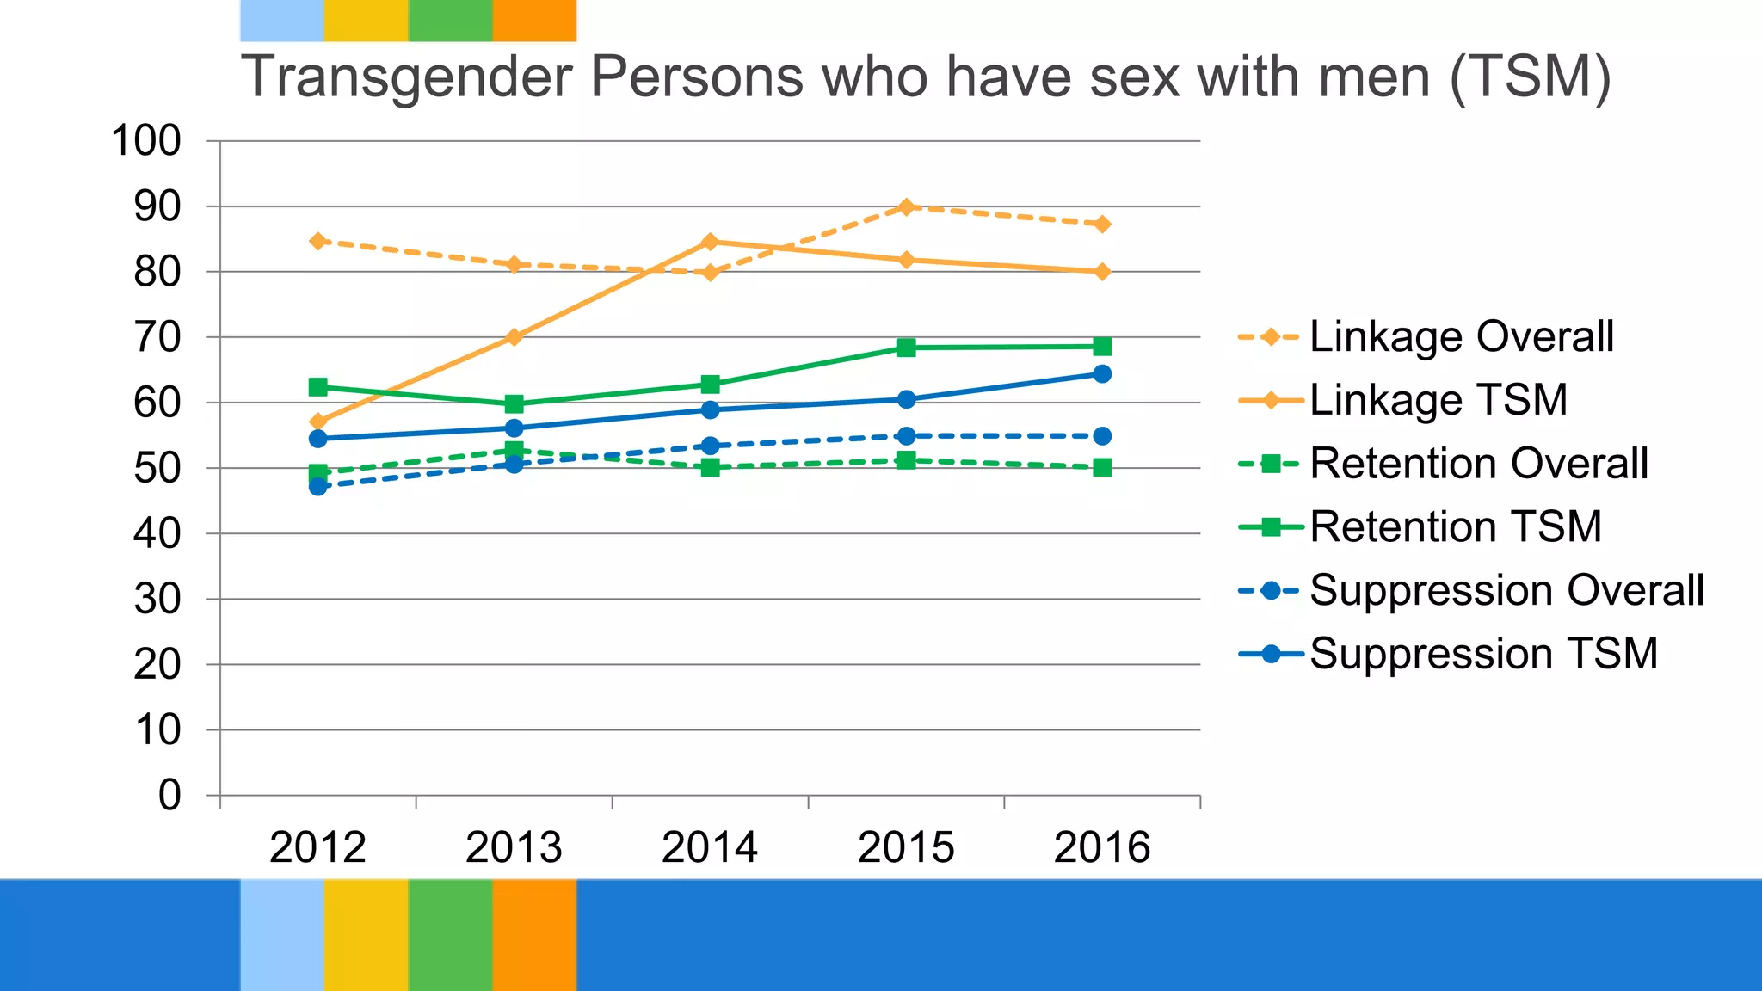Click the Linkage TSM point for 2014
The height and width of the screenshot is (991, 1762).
click(x=710, y=242)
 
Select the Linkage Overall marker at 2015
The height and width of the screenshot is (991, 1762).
click(x=906, y=206)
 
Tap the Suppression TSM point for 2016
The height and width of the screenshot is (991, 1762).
click(x=1102, y=373)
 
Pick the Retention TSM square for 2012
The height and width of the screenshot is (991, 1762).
click(x=318, y=387)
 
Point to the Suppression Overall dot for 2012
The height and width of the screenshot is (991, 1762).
click(x=318, y=486)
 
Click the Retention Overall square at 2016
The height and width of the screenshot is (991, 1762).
click(x=1102, y=468)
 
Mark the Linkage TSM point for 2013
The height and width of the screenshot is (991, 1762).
click(x=514, y=336)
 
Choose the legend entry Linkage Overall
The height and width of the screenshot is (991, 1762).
click(x=1461, y=336)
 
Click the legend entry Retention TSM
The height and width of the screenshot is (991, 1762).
click(x=1455, y=526)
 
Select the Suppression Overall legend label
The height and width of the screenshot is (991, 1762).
click(x=1506, y=590)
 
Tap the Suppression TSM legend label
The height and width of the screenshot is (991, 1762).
click(x=1483, y=654)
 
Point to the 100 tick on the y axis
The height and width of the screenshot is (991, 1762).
click(x=146, y=140)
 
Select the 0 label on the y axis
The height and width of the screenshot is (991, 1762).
click(x=169, y=795)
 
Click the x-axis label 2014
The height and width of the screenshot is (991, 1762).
click(x=710, y=847)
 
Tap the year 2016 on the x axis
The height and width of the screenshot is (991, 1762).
click(x=1102, y=847)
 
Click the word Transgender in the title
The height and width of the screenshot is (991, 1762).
click(x=406, y=77)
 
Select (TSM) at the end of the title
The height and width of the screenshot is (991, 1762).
click(x=1530, y=77)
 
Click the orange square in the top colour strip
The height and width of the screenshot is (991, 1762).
click(x=534, y=20)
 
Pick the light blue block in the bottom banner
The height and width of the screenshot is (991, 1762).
click(x=281, y=934)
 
